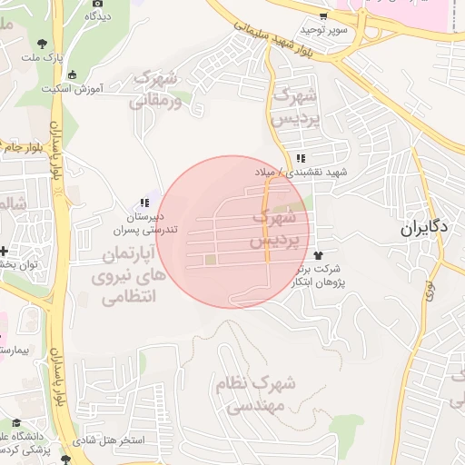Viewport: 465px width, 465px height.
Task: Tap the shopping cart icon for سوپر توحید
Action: [322, 16]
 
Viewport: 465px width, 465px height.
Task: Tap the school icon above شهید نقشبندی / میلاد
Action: [301, 159]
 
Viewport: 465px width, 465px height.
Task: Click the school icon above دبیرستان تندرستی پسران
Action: [143, 203]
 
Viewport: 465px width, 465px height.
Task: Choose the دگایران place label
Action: [424, 229]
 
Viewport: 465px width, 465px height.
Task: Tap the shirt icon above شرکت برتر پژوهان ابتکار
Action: [318, 255]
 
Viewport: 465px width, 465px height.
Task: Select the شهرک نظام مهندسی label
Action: [258, 394]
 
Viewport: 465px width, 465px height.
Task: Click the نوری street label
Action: [430, 292]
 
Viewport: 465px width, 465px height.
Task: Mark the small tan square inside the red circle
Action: [211, 262]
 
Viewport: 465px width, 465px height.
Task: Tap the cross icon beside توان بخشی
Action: [4, 250]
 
